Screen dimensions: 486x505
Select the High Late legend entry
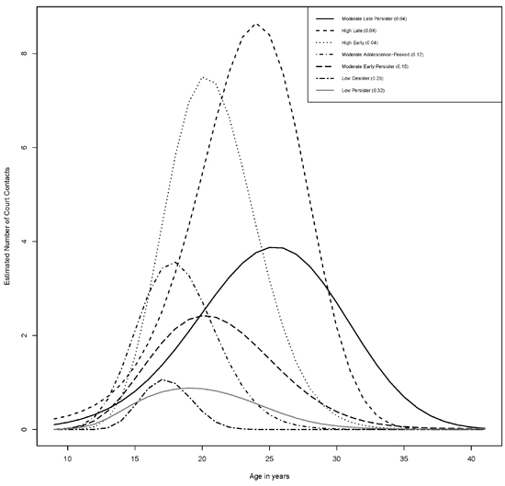coord(361,31)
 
